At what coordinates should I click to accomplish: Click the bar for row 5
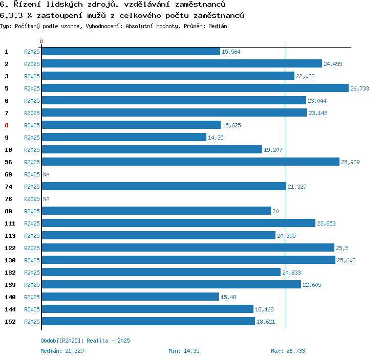coord(195,88)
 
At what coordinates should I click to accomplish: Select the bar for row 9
coord(124,138)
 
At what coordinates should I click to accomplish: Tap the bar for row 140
coord(130,297)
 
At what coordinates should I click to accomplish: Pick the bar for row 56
coord(190,162)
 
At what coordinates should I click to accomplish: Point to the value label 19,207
coord(273,150)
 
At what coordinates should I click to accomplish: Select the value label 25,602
coord(346,260)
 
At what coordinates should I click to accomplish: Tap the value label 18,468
coord(264,309)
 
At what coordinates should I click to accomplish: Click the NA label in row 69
coord(46,174)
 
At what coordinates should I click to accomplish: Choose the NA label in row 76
coord(46,199)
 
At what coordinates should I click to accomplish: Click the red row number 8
coord(7,125)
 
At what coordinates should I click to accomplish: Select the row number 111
coord(10,223)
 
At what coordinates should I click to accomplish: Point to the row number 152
coord(10,322)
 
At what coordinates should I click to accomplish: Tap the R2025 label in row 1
coord(32,52)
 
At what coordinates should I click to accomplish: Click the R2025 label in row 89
coord(32,211)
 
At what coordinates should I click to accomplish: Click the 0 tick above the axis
coord(41,41)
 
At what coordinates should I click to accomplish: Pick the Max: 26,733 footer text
coord(288,351)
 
